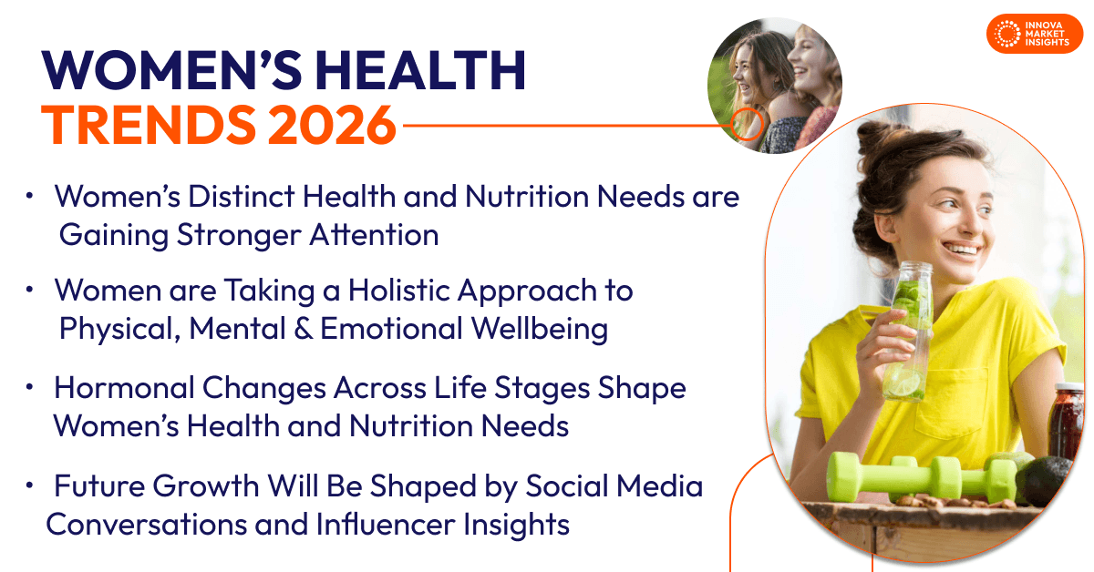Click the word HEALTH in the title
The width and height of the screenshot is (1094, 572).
[420, 70]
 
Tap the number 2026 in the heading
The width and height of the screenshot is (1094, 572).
[332, 125]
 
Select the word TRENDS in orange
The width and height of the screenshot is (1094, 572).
[149, 125]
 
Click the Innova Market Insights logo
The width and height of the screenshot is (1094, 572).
[1035, 34]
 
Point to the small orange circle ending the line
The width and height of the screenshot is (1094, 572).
[747, 124]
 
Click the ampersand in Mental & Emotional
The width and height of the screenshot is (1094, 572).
[304, 328]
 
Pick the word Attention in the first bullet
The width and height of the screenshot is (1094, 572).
[374, 234]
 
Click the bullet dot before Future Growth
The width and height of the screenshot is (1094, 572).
[30, 485]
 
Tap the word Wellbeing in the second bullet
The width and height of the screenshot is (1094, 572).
[540, 329]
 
